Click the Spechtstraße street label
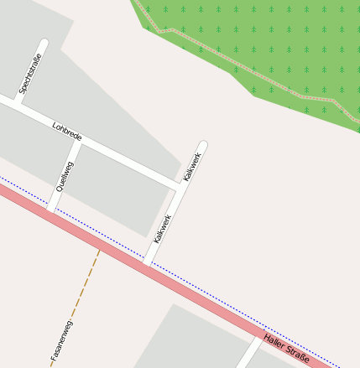[30, 73]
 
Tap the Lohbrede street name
[67, 132]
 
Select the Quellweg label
[64, 176]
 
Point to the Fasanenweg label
[62, 340]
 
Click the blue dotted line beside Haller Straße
[210, 293]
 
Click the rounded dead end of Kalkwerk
[202, 145]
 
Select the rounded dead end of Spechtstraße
[44, 43]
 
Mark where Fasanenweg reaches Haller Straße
[99, 248]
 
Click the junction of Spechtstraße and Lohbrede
[18, 103]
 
